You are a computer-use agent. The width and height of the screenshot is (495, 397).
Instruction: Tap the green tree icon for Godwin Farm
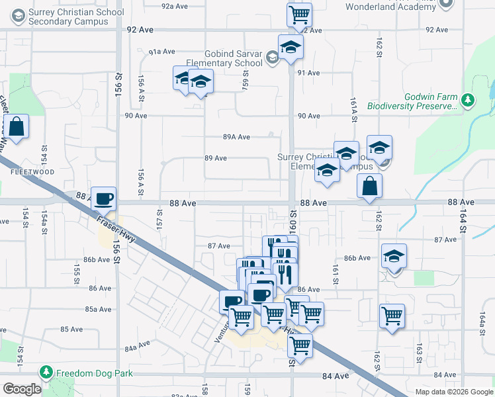[x=469, y=100]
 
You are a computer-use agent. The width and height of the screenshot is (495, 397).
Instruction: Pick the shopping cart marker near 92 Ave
[x=300, y=13]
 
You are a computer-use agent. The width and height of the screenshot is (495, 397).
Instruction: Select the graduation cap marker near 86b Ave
[x=394, y=255]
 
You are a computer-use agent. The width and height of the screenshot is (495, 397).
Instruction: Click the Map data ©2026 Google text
[x=453, y=392]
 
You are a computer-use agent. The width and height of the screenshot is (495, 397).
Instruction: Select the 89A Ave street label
[x=236, y=137]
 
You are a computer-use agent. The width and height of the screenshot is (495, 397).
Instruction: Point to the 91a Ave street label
[x=161, y=52]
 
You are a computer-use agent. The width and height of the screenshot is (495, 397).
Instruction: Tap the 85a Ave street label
[x=97, y=309]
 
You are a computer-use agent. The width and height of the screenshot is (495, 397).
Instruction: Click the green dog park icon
[x=46, y=373]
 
